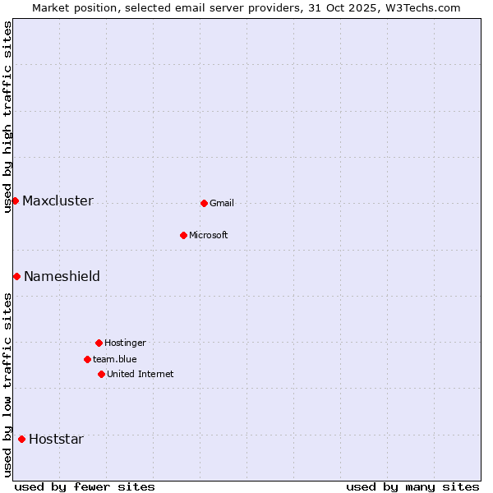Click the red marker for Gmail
coord(204,203)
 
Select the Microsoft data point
coord(183,235)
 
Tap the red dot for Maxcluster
coord(15,200)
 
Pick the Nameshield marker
coord(16,276)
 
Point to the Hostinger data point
coord(99,343)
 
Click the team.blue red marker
coord(87,359)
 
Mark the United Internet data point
coord(101,374)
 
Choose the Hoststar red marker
coord(21,439)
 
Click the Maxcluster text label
coord(58,201)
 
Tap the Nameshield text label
coord(62,277)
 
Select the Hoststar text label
coord(56,440)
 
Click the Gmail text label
coord(222,204)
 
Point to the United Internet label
coord(140,375)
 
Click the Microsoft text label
coord(208,236)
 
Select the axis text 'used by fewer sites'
coord(85,486)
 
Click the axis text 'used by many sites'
coord(412,486)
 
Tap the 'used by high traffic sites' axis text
coord(8,117)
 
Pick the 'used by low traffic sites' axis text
coord(8,385)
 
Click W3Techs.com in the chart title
coord(422,8)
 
